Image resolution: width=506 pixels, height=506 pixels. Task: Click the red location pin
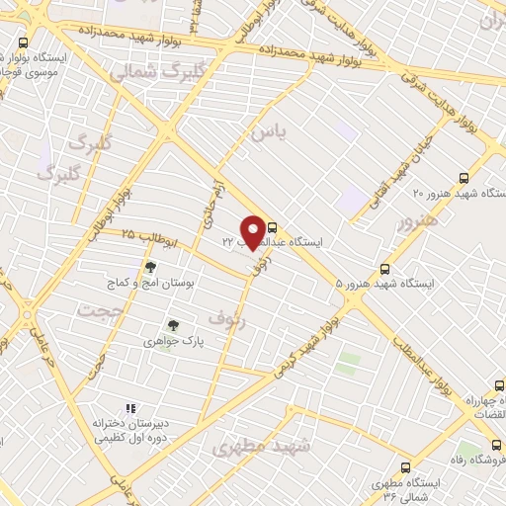tap(254, 231)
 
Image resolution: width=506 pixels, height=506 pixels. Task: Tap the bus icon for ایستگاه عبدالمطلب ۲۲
tap(273, 226)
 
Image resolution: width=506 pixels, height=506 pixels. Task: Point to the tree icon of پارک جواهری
tap(174, 323)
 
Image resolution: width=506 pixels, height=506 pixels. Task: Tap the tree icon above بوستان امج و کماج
tap(150, 267)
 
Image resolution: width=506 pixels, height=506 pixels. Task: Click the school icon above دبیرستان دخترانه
tap(129, 407)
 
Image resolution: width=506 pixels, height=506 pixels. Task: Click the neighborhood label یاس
tap(268, 129)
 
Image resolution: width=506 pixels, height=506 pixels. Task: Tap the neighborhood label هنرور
tap(415, 223)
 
